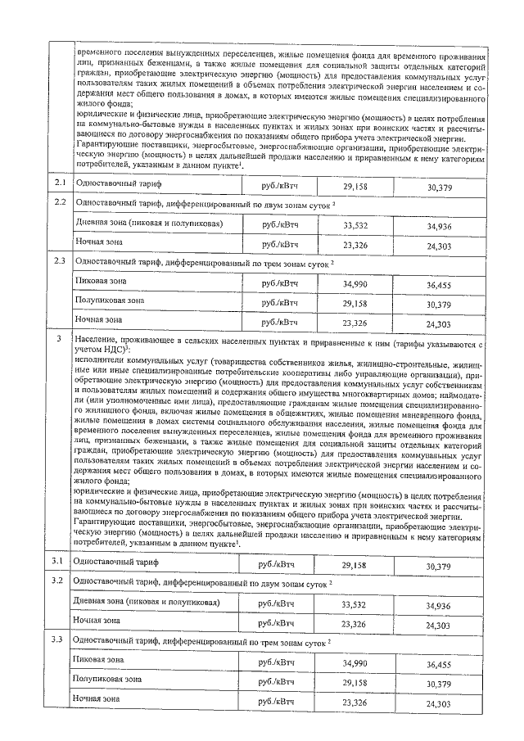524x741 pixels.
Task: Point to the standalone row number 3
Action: [x=57, y=337]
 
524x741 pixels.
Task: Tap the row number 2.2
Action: [x=57, y=202]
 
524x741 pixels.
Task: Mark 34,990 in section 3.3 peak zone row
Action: [x=354, y=662]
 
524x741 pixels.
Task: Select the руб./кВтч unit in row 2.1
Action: [x=280, y=187]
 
